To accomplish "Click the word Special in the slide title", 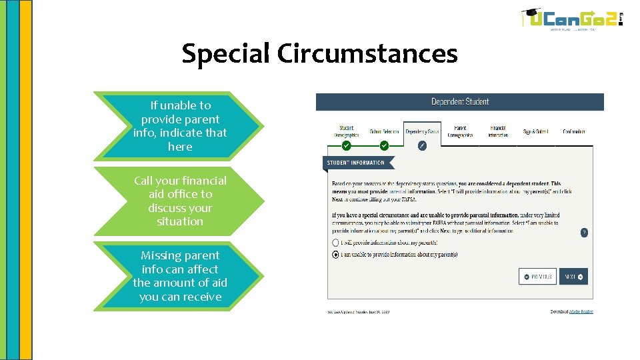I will (225, 53).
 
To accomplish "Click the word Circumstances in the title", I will (367, 53).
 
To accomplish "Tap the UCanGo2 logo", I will (572, 19).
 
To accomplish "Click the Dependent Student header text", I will (460, 102).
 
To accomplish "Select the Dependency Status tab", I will (422, 131).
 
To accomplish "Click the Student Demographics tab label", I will (346, 131).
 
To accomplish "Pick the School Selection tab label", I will (384, 131).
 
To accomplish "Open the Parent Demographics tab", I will (460, 131).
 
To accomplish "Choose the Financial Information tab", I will (498, 131).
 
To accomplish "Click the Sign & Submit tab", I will (535, 131).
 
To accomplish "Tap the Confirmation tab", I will (573, 131).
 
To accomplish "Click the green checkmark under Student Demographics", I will (346, 145).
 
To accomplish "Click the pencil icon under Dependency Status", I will (422, 145).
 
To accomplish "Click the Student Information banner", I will (357, 163).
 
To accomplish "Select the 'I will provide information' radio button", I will (335, 243).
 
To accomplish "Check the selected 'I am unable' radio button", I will (335, 255).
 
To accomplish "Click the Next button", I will (573, 277).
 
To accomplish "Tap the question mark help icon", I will (584, 233).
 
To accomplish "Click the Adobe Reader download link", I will (581, 311).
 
